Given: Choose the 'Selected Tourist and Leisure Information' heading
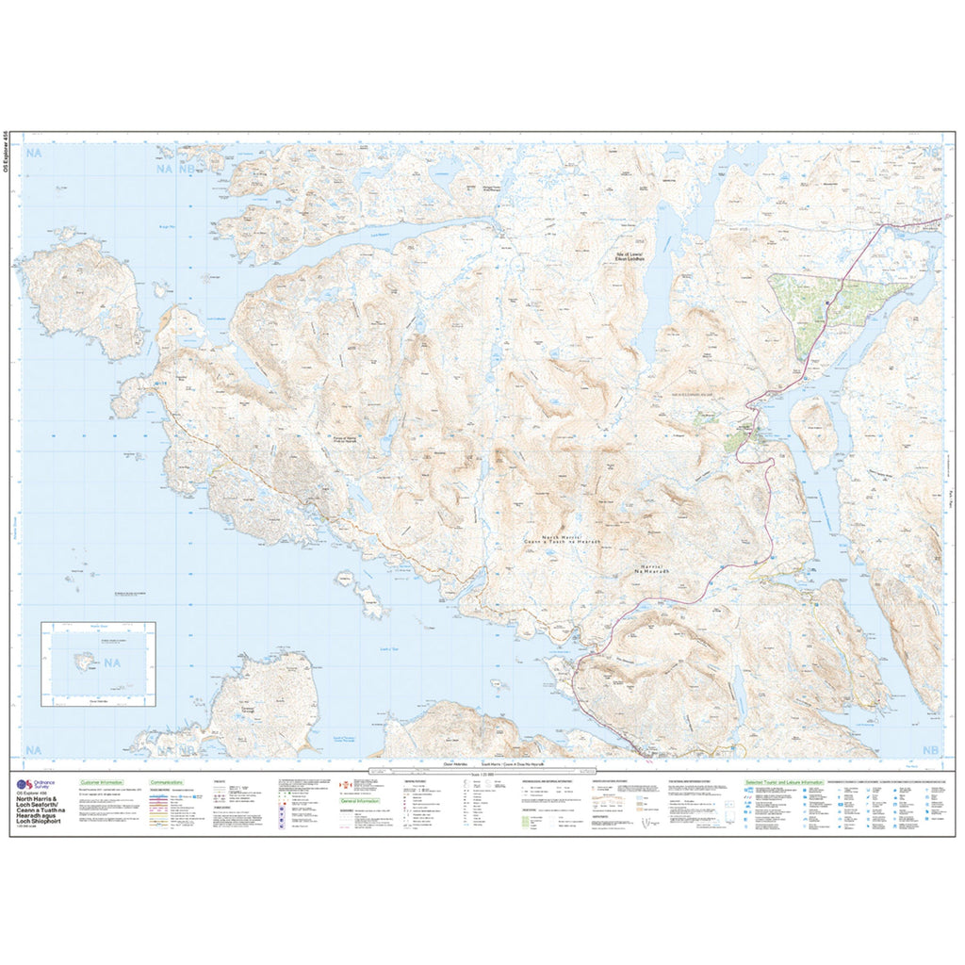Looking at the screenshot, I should pyautogui.click(x=783, y=782).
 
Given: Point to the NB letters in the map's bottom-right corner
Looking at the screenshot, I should pyautogui.click(x=930, y=750).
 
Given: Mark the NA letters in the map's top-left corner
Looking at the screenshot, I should pyautogui.click(x=37, y=153).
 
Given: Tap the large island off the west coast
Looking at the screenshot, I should pyautogui.click(x=80, y=297).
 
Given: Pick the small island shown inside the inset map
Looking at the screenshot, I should pyautogui.click(x=86, y=662).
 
